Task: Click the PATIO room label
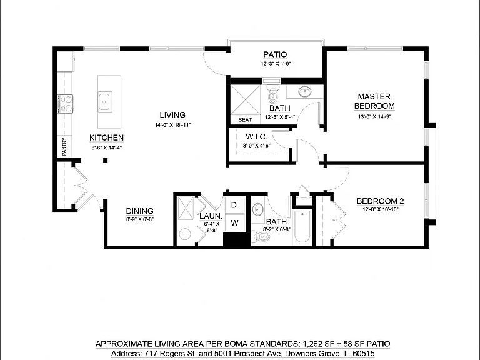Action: [275, 54]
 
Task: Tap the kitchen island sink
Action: [105, 102]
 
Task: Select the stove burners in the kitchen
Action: [66, 104]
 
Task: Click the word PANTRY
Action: [64, 147]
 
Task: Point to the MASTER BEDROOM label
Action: [374, 101]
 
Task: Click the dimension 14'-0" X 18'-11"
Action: [172, 125]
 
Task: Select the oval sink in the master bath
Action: [305, 91]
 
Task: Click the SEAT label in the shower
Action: [245, 120]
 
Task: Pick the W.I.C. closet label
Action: [256, 137]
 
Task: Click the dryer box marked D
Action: [234, 205]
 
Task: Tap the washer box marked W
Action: [235, 223]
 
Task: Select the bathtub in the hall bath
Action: [302, 227]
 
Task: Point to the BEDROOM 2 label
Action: [380, 201]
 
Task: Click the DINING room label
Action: [139, 211]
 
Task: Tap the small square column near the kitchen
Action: [105, 160]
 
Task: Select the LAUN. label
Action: [211, 216]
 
